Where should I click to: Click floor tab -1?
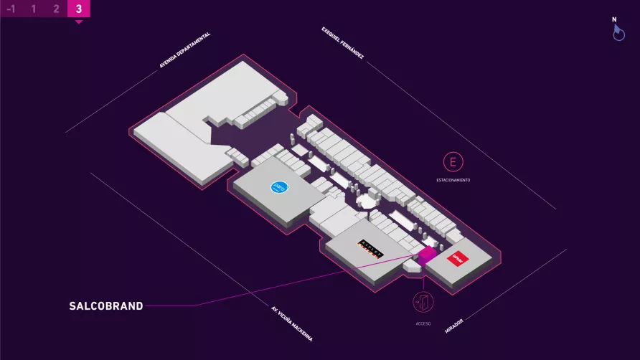tap(11, 9)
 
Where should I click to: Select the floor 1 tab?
tap(33, 9)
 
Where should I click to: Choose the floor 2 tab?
tap(56, 9)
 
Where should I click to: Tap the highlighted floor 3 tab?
tap(78, 9)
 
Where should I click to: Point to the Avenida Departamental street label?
tap(184, 50)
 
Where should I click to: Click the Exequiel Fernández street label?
tap(343, 43)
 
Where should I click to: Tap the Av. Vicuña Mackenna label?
tap(292, 324)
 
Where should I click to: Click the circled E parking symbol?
tap(453, 161)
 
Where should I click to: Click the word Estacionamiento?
tap(453, 180)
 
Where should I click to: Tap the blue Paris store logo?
tap(278, 187)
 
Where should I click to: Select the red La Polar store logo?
tap(457, 257)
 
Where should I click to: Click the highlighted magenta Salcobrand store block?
tap(426, 254)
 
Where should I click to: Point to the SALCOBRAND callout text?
tap(106, 306)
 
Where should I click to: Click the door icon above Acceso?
tap(423, 302)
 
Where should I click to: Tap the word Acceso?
tap(423, 323)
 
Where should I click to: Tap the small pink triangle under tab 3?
tap(78, 22)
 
